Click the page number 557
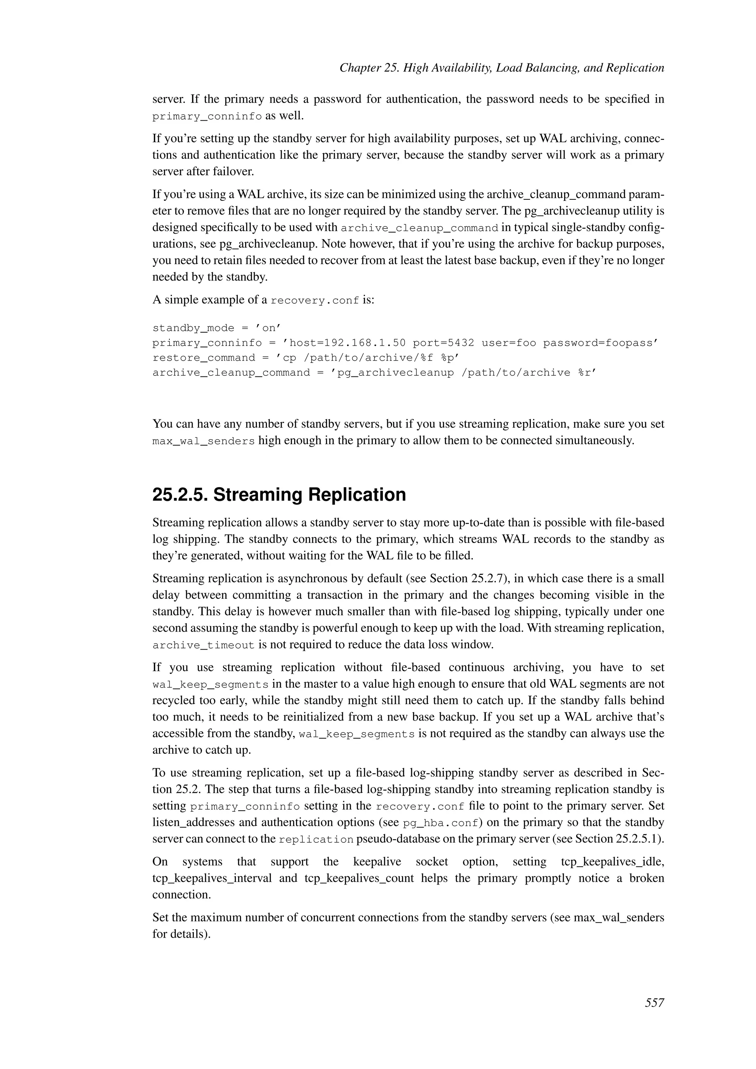tap(654, 1003)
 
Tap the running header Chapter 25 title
tap(501, 68)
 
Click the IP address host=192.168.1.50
tap(347, 343)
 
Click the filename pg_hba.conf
tap(440, 823)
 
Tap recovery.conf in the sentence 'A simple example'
tap(315, 301)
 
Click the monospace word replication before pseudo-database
tap(316, 840)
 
